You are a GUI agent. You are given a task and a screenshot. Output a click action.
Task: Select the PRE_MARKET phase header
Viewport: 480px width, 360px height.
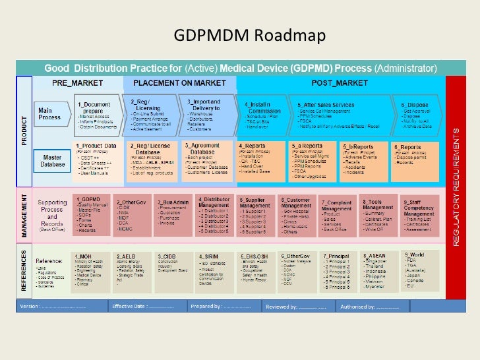[77, 83]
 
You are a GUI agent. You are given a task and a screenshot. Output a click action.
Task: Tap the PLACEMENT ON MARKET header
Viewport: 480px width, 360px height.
[179, 83]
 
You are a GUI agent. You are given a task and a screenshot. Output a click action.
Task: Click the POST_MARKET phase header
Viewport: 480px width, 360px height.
[341, 83]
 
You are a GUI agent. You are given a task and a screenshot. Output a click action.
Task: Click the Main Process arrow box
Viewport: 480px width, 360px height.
[51, 114]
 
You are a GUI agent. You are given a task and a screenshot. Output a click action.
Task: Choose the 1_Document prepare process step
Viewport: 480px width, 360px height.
[96, 114]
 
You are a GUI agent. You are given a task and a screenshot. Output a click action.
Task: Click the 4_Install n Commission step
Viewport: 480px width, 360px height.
[263, 114]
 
